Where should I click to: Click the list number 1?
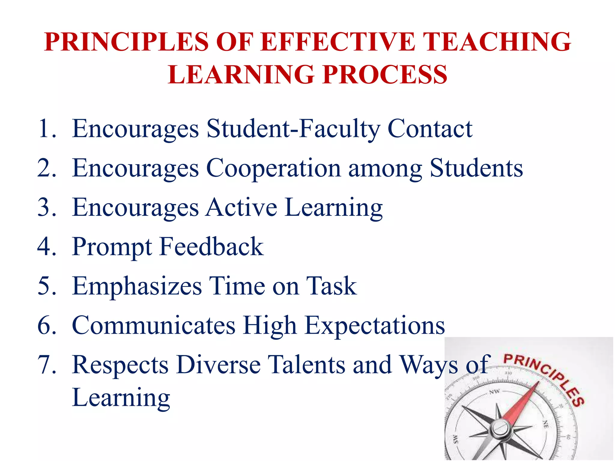tap(47, 129)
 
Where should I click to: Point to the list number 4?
tap(47, 247)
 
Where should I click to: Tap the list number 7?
tap(47, 365)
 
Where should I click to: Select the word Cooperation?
tap(273, 168)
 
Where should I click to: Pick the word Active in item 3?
tap(241, 207)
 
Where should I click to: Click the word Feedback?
tap(211, 247)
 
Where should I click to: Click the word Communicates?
tap(154, 325)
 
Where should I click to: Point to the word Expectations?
tap(374, 325)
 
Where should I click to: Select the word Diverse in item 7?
tap(218, 365)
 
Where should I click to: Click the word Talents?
tap(306, 365)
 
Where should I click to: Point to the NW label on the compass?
tap(494, 392)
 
